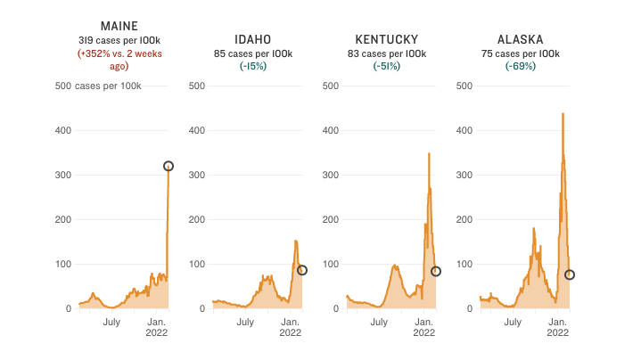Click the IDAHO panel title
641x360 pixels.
coord(252,39)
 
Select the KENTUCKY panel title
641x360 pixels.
coord(386,39)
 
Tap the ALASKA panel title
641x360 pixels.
coord(521,39)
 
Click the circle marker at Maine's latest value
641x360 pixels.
coord(168,166)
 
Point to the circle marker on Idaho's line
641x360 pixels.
coord(302,270)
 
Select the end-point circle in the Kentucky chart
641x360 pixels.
coord(436,271)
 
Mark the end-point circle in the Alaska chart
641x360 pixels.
coord(570,274)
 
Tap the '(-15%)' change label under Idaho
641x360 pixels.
coord(252,66)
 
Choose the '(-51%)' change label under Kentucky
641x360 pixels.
coord(386,66)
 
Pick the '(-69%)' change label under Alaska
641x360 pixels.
coord(521,66)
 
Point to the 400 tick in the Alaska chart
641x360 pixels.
coord(464,130)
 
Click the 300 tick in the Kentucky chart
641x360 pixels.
coord(330,175)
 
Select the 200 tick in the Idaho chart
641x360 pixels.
coord(196,219)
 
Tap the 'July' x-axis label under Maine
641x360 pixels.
coord(111,322)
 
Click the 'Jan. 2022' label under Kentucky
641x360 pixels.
coord(423,327)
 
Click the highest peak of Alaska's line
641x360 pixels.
coord(563,114)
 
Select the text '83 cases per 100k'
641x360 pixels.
coord(386,53)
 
